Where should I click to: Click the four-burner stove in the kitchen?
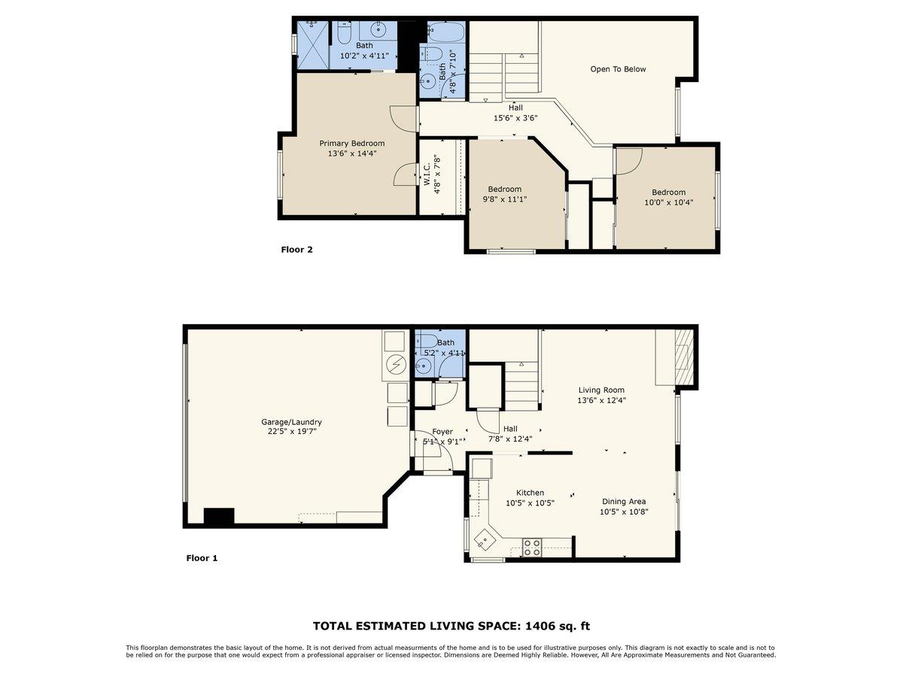coord(532,547)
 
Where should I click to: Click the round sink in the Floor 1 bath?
coord(424,366)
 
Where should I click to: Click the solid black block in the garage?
coord(219,517)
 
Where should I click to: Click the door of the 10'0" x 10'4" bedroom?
coord(628,159)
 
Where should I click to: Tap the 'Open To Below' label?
coord(618,69)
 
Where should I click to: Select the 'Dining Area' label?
coord(623,502)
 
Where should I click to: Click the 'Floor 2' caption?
coord(296,250)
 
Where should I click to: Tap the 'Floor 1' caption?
coord(202,558)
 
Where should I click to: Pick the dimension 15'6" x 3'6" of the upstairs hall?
coord(515,118)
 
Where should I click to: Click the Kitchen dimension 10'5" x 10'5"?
coord(530,503)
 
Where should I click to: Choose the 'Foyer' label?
coord(442,432)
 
